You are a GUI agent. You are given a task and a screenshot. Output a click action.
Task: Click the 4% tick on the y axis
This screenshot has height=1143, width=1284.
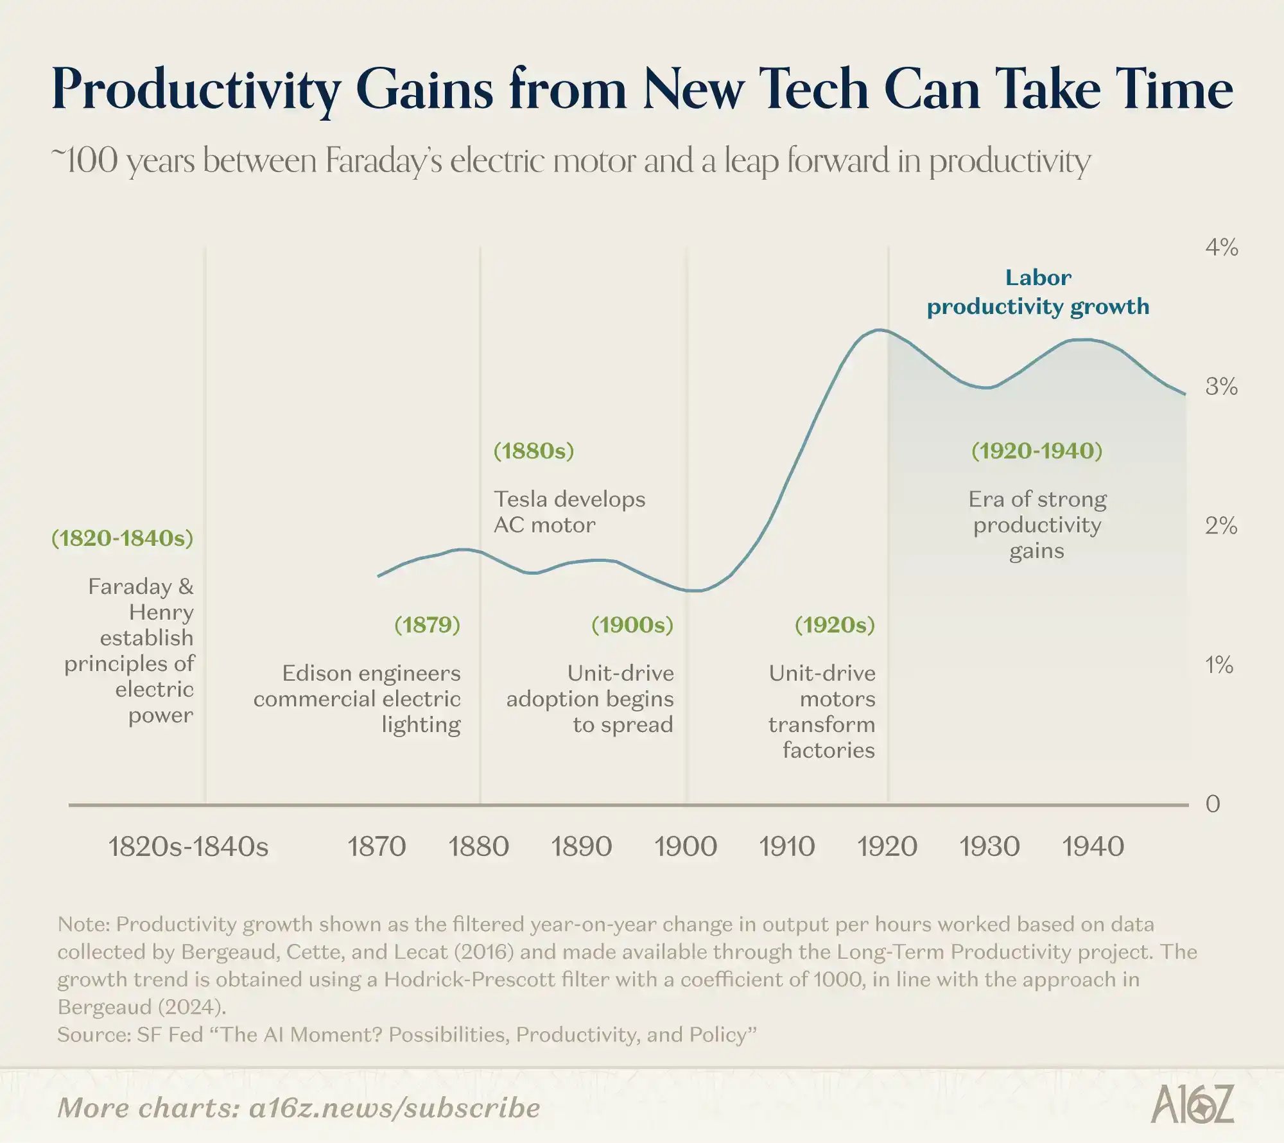1221,247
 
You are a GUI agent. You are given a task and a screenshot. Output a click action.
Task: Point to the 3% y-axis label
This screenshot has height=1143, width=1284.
1221,387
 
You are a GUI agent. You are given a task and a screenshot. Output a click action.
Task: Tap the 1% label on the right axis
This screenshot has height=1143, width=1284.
1219,665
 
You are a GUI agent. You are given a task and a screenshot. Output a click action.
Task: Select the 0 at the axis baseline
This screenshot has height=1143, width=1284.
1212,804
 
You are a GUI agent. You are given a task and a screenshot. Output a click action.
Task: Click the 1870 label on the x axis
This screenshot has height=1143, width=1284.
377,846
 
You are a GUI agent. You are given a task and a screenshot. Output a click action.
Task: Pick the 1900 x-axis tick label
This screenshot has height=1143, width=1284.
686,846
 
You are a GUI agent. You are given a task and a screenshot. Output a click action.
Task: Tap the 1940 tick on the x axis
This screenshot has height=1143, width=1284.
1093,846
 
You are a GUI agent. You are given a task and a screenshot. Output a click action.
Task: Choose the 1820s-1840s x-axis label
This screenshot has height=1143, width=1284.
188,846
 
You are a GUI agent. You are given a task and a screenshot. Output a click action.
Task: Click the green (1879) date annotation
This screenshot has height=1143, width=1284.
427,625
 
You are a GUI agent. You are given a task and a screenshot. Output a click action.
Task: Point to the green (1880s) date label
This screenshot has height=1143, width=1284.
534,451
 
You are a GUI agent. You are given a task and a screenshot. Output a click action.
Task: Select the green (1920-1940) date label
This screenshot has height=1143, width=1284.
1037,451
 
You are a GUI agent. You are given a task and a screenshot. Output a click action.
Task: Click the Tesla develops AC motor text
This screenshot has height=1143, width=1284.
569,512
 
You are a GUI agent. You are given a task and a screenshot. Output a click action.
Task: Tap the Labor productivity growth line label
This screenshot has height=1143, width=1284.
1038,292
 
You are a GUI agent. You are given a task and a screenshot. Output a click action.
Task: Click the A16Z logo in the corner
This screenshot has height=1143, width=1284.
1192,1104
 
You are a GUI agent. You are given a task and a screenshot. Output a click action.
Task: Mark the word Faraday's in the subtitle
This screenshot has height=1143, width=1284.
383,161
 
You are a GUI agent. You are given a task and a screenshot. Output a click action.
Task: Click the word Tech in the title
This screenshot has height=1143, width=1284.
814,89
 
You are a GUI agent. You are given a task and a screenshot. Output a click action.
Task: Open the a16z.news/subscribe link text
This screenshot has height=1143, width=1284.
394,1108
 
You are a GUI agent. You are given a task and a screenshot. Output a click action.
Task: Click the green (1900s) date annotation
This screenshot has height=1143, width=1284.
632,625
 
